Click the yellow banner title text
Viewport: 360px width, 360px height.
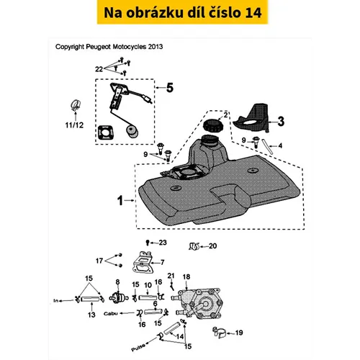(x=182, y=12)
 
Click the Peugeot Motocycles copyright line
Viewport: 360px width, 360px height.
(x=109, y=47)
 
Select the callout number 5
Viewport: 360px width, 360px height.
(x=170, y=88)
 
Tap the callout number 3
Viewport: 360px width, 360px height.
(x=281, y=122)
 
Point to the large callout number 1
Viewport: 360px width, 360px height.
(x=120, y=200)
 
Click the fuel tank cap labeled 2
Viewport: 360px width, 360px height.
(x=212, y=126)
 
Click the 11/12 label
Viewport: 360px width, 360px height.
(x=74, y=125)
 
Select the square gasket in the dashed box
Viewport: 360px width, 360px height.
(x=106, y=132)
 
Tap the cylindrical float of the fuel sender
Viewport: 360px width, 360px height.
(x=132, y=132)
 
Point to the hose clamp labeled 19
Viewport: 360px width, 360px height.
(x=220, y=333)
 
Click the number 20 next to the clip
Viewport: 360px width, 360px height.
(x=212, y=246)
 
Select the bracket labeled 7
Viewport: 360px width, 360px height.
(x=143, y=262)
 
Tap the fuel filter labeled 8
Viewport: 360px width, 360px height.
(x=118, y=298)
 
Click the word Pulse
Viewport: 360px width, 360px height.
(x=138, y=347)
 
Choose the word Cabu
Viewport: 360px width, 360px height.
(x=111, y=313)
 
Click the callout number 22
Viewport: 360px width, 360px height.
(x=99, y=69)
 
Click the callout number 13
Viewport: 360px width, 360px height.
(x=91, y=315)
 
